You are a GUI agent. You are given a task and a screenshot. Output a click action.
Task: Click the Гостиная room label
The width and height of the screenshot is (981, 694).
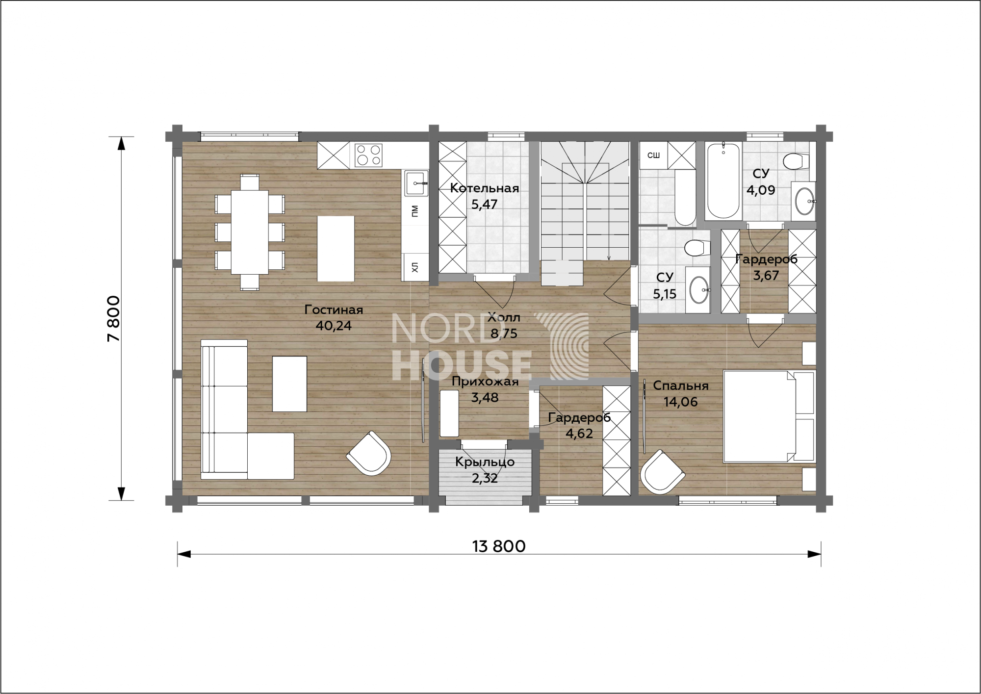334,310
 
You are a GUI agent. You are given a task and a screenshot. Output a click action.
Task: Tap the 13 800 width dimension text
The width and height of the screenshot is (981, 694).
499,546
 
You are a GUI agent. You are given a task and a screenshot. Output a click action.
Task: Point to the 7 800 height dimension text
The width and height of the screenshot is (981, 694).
113,318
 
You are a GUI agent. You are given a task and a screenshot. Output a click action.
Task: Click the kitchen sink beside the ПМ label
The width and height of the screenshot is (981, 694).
415,183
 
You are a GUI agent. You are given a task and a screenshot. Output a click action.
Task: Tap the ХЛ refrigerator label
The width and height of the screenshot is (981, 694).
415,267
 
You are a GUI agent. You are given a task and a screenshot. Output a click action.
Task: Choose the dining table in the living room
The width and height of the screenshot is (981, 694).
250,232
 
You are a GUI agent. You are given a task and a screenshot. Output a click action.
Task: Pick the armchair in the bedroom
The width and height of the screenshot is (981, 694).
662,472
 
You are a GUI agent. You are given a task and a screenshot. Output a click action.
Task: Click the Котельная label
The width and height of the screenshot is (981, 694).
484,188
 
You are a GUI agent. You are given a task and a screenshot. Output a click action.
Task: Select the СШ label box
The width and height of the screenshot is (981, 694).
653,155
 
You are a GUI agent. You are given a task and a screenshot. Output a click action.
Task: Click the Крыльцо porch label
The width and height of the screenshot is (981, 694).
485,462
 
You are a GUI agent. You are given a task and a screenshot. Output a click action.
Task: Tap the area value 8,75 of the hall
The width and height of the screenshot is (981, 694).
504,334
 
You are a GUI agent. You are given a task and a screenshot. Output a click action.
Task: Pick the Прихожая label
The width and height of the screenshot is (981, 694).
485,382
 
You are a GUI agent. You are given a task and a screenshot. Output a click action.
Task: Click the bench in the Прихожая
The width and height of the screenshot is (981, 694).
449,413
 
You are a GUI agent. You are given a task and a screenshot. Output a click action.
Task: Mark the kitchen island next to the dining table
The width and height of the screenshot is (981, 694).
336,249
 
